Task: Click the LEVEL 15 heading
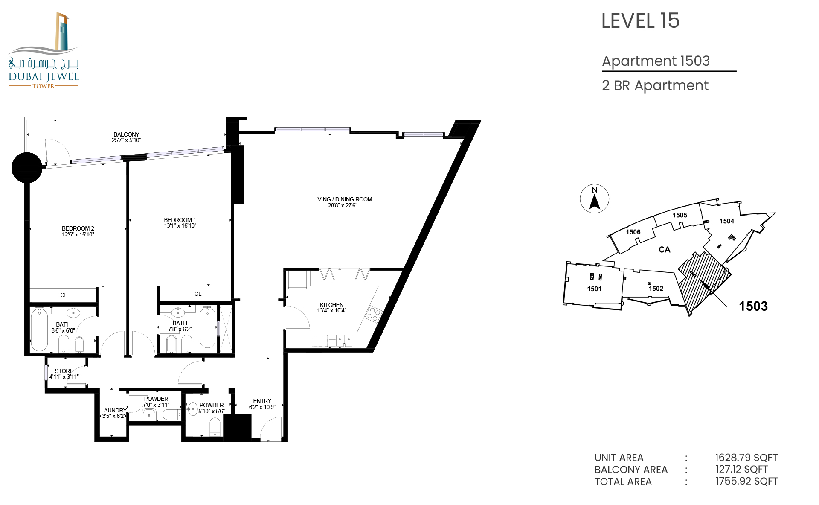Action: [x=640, y=20]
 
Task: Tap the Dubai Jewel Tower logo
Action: [x=44, y=50]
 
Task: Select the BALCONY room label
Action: [x=126, y=134]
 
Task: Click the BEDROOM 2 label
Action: [x=78, y=228]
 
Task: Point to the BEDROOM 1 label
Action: [x=180, y=220]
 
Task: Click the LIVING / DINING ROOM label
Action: [x=343, y=199]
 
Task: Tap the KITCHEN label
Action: [x=332, y=305]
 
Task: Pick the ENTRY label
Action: [x=262, y=401]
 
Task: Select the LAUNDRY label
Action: [x=114, y=410]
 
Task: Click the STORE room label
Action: [x=64, y=371]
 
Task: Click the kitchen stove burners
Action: [x=374, y=315]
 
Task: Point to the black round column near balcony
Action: [x=27, y=168]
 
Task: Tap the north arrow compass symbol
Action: [x=595, y=199]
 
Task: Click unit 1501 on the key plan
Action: [x=594, y=289]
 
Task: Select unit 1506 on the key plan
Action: [x=633, y=232]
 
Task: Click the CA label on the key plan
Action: [x=665, y=250]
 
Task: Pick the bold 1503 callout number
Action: [x=753, y=306]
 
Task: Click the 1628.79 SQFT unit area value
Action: [x=746, y=458]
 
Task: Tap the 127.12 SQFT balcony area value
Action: [x=742, y=469]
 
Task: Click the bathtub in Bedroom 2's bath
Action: [x=39, y=330]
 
